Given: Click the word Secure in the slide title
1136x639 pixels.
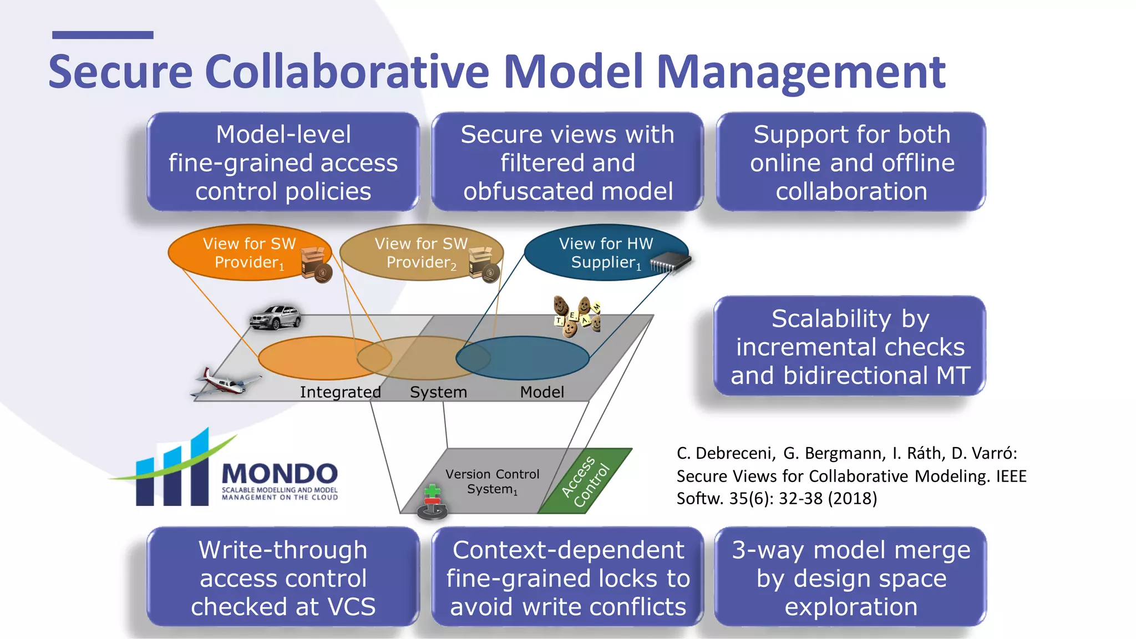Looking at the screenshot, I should [120, 72].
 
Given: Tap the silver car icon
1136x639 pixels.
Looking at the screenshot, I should [275, 317].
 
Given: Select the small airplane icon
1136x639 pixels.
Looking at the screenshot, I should [226, 382].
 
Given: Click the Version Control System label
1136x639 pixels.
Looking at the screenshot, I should [492, 481].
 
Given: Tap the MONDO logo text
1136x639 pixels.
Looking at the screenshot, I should [280, 474].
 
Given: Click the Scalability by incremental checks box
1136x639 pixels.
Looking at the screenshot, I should [850, 347].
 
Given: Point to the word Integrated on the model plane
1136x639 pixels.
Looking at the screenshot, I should [340, 392].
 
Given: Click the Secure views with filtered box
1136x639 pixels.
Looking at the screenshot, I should [567, 163].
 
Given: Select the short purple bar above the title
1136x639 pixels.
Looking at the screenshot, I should [103, 35].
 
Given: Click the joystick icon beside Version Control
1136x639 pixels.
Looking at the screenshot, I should [432, 502].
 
